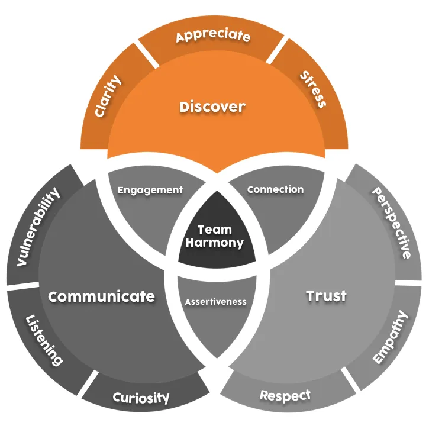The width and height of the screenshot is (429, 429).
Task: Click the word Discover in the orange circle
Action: click(x=212, y=107)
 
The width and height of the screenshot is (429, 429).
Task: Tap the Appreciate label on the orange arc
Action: click(x=213, y=36)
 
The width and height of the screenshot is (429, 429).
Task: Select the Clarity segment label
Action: click(x=108, y=95)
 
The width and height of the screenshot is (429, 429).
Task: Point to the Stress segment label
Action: click(x=312, y=89)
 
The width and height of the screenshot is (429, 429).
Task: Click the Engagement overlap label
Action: click(x=150, y=191)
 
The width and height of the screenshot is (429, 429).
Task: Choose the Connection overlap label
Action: click(x=275, y=190)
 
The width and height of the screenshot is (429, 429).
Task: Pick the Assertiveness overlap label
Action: click(x=215, y=301)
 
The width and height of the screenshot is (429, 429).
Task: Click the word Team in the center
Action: click(x=215, y=230)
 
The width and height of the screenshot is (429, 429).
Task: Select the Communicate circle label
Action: click(x=102, y=296)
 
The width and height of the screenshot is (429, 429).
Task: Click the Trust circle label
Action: click(x=326, y=296)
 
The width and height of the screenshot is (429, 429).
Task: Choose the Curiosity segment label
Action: click(x=141, y=398)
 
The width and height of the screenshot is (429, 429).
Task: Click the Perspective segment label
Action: click(x=391, y=223)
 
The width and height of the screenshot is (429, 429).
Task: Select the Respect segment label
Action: click(x=285, y=395)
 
